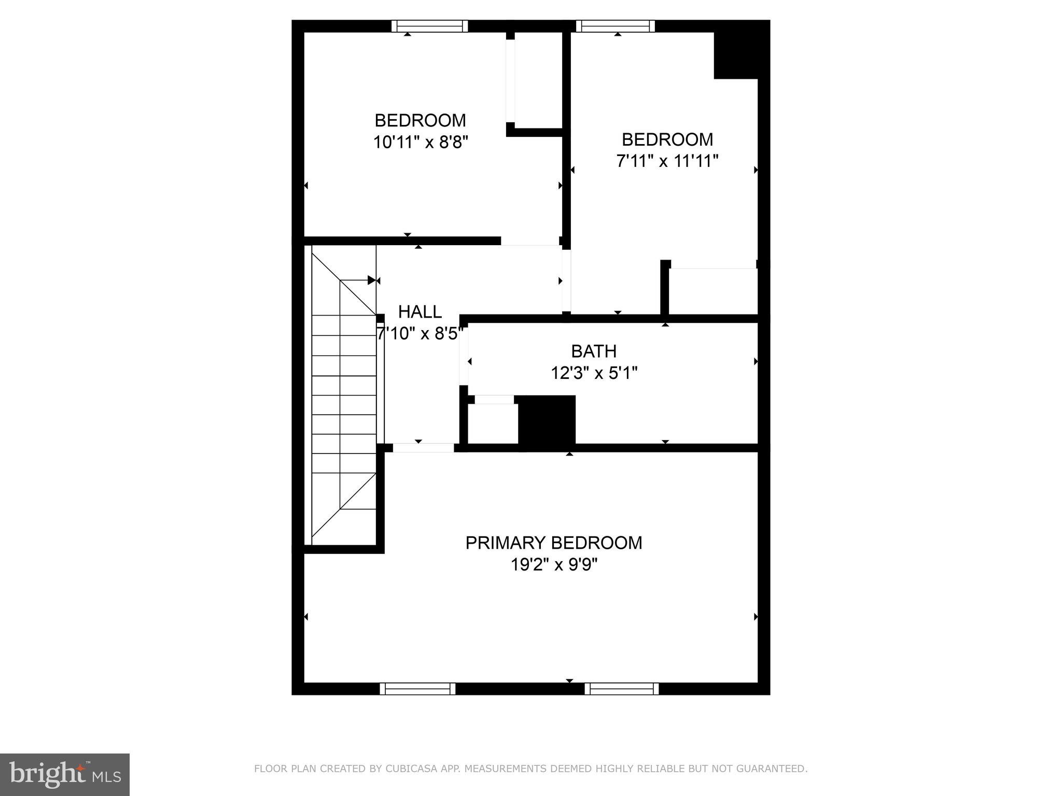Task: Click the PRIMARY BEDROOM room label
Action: pos(553,543)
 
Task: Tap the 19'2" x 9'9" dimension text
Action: pos(553,564)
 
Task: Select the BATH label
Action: pos(593,351)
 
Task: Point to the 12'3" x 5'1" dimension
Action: pos(593,373)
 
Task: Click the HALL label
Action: pos(420,311)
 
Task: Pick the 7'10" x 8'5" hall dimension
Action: pos(420,334)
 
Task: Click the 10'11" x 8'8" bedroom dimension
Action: pos(420,142)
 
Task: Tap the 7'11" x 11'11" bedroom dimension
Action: pos(667,161)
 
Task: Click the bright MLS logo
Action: pos(64,774)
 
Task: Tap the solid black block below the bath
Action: pos(547,419)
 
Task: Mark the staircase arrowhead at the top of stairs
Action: pos(371,280)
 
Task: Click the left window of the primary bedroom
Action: pos(417,689)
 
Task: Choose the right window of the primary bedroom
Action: pos(621,689)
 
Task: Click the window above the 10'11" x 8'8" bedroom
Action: pos(429,26)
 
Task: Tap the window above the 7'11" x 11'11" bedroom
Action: pos(615,26)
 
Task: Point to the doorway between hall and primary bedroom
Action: pos(423,448)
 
